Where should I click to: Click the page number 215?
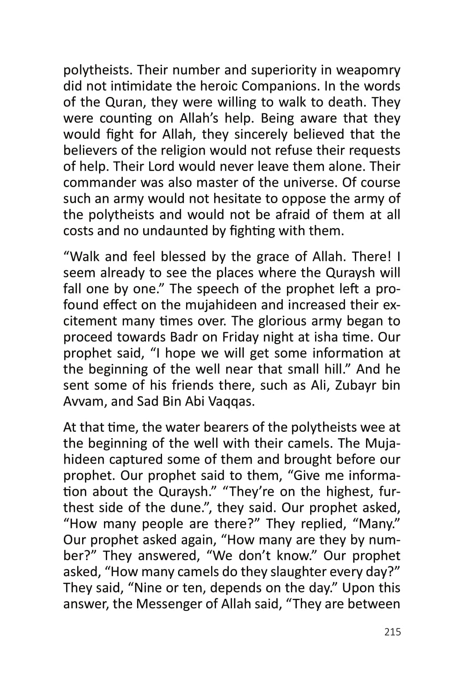(x=392, y=632)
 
